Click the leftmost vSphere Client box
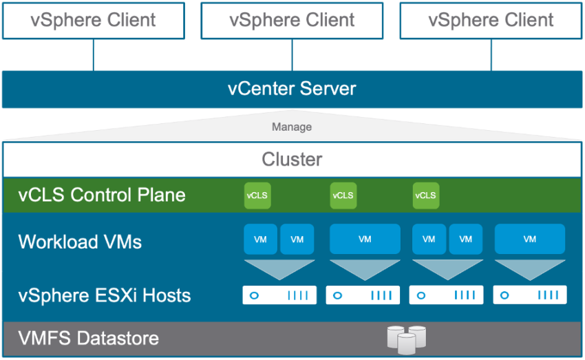(x=94, y=20)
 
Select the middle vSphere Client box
(x=292, y=20)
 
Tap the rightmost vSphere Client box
(x=491, y=20)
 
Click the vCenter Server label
(x=292, y=89)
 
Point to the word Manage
(x=292, y=127)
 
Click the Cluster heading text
(x=292, y=160)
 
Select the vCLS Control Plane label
(x=102, y=195)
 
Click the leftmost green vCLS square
(x=257, y=195)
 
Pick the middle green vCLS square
(x=343, y=195)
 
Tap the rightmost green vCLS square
(x=425, y=195)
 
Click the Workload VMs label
(x=80, y=242)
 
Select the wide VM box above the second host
(x=365, y=240)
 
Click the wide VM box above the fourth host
(x=529, y=240)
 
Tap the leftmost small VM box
(x=261, y=240)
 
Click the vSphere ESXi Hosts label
(x=105, y=296)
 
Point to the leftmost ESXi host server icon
(x=279, y=295)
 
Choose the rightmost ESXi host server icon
(x=530, y=295)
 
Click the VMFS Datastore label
(x=89, y=339)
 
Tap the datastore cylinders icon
(x=406, y=339)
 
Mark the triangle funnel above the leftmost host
(x=279, y=268)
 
